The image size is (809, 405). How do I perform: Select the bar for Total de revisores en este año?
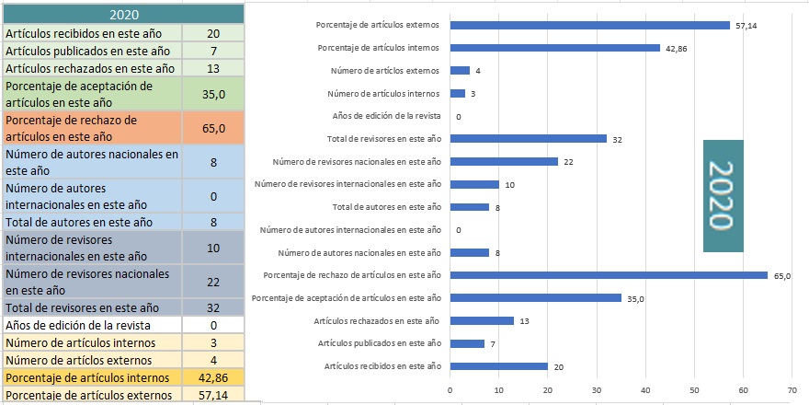click(528, 139)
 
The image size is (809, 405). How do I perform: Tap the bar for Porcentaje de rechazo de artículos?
click(609, 275)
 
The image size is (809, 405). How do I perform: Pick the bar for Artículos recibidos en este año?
click(498, 366)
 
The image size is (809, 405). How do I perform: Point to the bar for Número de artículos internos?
click(457, 93)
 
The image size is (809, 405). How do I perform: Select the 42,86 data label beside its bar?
click(675, 48)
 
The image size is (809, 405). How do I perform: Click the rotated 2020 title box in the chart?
click(724, 195)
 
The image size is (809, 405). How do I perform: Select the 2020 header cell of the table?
click(124, 15)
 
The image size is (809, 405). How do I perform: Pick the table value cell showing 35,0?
click(213, 94)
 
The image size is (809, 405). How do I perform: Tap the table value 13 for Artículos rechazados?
click(213, 68)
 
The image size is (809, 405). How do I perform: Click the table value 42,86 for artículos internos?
click(213, 377)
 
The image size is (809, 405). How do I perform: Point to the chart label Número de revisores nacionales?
click(358, 162)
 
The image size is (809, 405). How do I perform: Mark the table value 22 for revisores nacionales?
click(213, 282)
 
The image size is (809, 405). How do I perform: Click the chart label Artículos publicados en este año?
click(379, 343)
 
